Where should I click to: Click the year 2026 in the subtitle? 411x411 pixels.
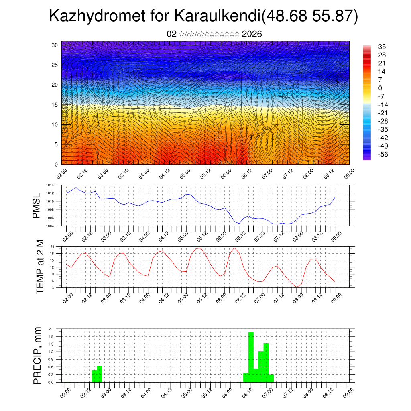coord(252,34)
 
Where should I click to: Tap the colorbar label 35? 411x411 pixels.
coord(382,47)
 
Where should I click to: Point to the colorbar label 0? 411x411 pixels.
coord(380,88)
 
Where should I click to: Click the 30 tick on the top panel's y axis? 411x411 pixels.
coord(55,45)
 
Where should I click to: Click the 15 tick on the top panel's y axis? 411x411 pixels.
coord(55,105)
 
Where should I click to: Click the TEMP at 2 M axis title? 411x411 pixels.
coord(40,267)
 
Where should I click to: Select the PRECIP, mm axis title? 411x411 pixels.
coord(37,356)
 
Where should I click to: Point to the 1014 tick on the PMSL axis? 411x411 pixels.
coord(50,185)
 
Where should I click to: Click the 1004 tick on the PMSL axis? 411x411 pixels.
coord(50,226)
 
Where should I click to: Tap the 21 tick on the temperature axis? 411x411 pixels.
coord(52,246)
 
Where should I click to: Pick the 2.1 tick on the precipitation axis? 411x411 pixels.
coord(51,329)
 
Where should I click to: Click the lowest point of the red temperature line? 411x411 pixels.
coord(297,287)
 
